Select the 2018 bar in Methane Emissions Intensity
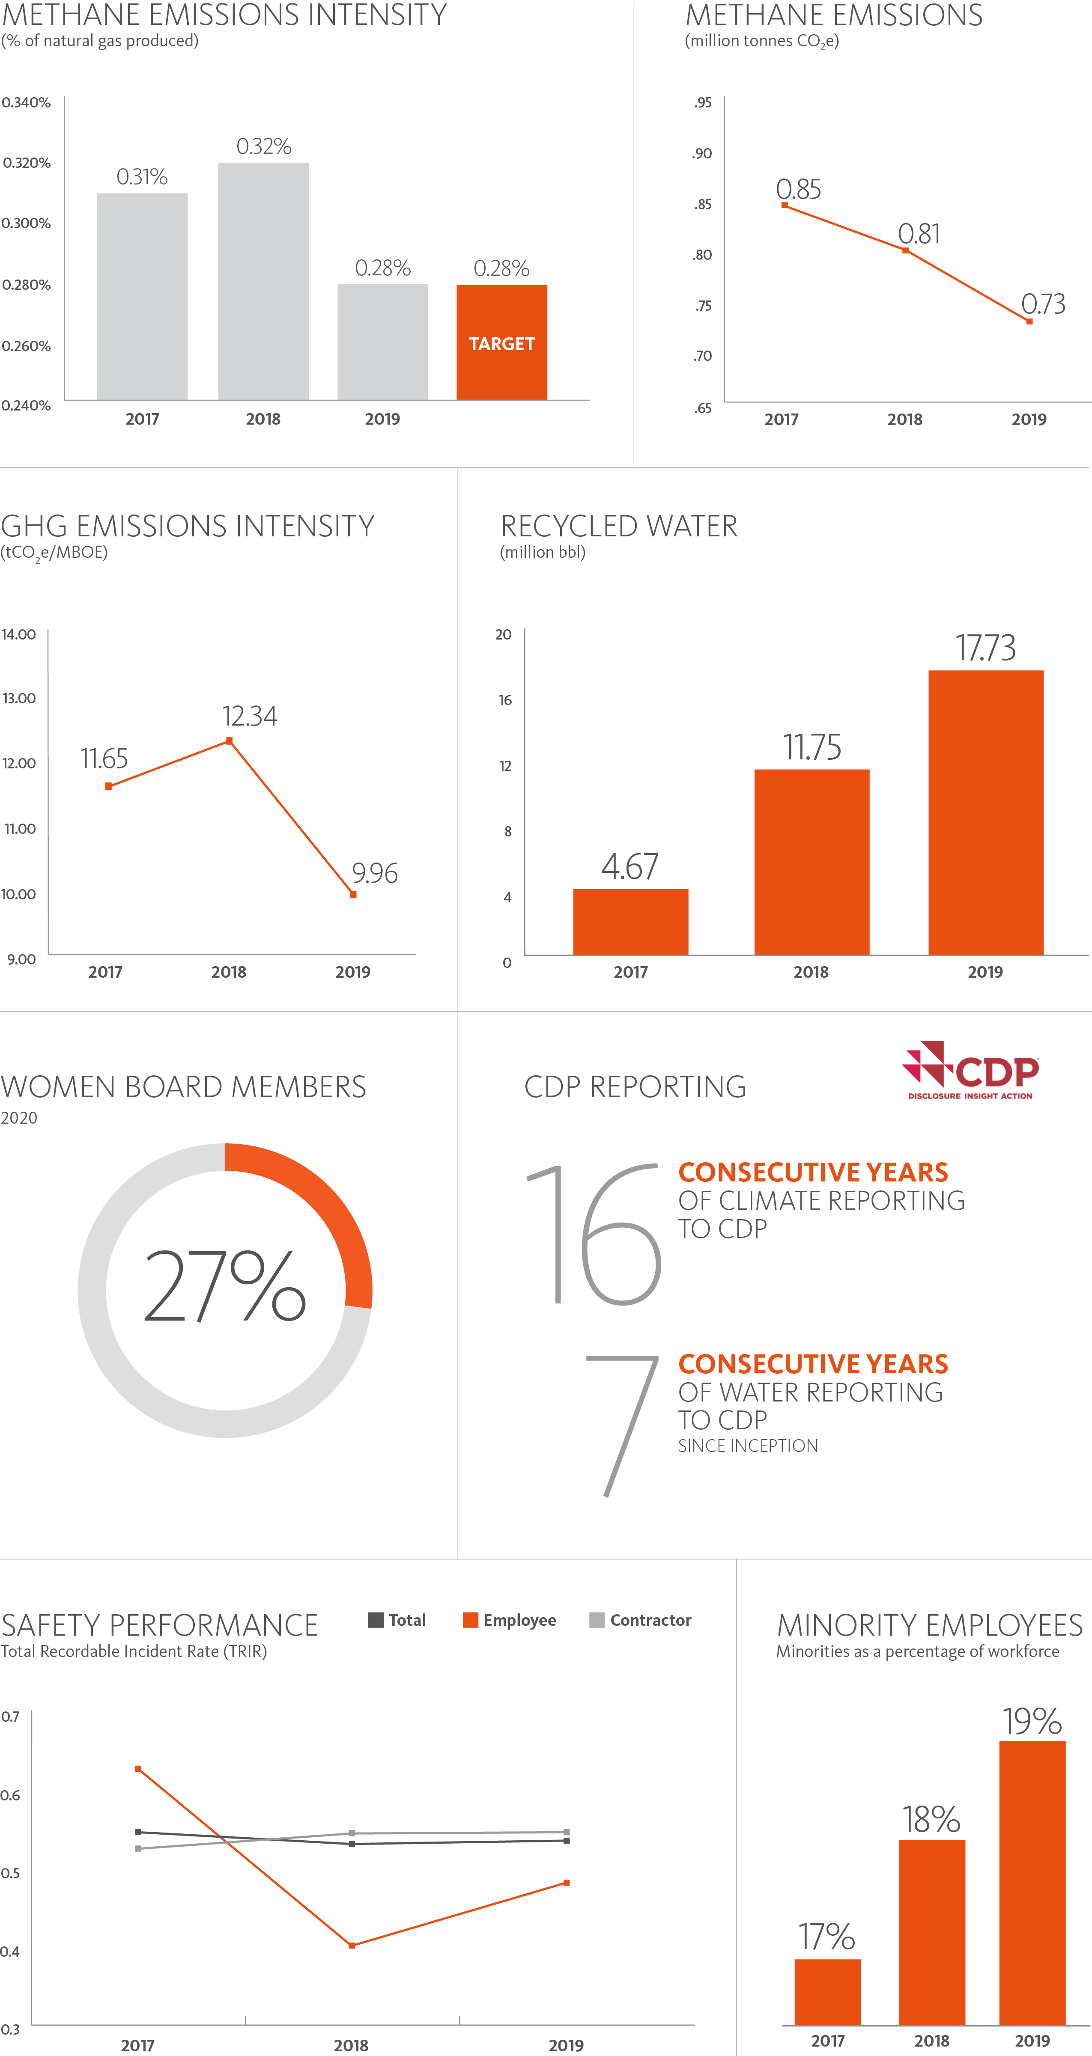coord(263,281)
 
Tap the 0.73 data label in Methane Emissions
coord(1043,304)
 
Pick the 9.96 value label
coord(374,873)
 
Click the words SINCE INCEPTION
coord(748,1446)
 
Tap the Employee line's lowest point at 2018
coord(352,1945)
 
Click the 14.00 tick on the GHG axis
coord(18,634)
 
